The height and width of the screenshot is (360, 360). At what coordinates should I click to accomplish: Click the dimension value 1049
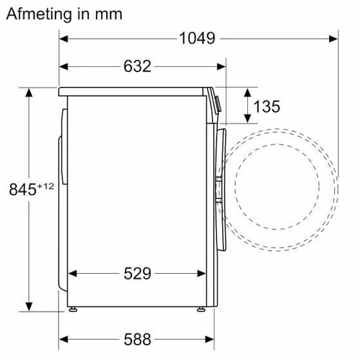tap(197, 39)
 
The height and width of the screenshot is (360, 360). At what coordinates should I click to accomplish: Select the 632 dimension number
tap(137, 66)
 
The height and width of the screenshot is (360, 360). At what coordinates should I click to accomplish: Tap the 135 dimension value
tap(267, 106)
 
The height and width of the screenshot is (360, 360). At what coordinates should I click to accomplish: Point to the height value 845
tap(22, 190)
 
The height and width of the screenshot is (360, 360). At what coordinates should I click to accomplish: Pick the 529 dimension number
tap(137, 274)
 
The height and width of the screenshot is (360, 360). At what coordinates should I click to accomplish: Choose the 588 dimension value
tap(137, 339)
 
